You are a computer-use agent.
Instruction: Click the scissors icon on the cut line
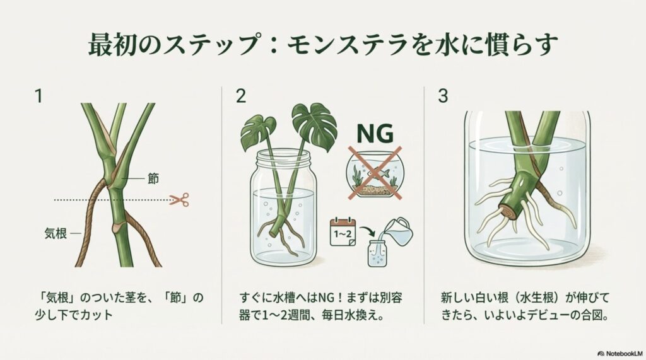click(180, 200)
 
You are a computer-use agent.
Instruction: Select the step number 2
click(240, 97)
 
